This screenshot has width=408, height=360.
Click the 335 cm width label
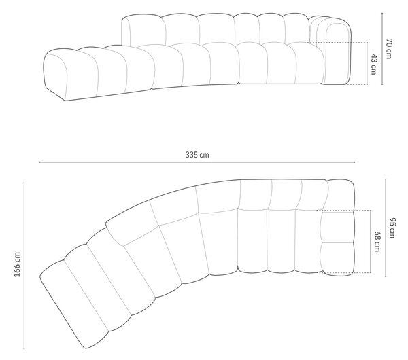coord(197,155)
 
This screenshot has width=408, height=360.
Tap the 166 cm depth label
coord(17,264)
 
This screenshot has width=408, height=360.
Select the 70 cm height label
coord(389,49)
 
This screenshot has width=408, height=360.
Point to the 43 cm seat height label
coord(373,65)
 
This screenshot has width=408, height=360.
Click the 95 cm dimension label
coord(392,228)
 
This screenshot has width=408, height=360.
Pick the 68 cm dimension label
coord(377,242)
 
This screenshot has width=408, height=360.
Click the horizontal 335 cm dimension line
coord(197,162)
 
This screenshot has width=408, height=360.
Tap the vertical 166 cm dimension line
coord(24,264)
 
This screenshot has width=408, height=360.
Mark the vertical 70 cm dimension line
coord(382,49)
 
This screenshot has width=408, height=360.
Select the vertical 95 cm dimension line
coord(386,228)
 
